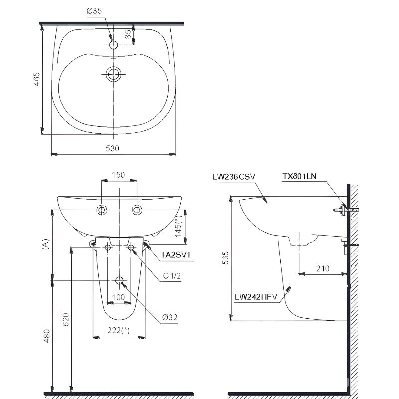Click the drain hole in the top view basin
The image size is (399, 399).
click(113, 75)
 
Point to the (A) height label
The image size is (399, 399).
click(45, 244)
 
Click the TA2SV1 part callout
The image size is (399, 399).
click(174, 255)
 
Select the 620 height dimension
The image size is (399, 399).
click(64, 319)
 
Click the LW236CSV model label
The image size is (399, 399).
click(233, 176)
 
